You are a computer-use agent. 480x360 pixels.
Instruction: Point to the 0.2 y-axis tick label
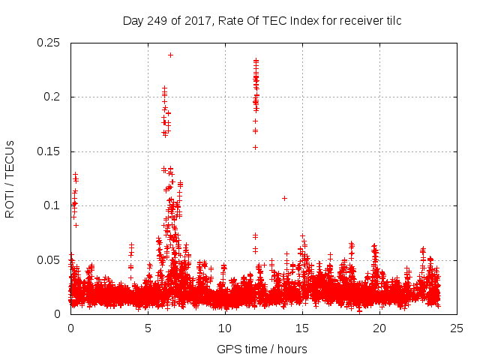54,97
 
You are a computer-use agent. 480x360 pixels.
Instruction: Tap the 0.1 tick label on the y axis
54,205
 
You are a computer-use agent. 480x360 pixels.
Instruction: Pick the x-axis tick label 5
148,328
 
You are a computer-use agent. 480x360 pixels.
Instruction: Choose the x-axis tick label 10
225,328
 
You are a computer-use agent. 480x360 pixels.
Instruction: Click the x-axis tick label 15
302,328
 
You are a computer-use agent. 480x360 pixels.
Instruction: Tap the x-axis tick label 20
379,328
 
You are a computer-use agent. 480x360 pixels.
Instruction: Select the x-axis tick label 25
457,328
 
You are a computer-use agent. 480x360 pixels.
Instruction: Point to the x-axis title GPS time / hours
262,349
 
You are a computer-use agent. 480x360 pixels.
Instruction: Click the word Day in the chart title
133,20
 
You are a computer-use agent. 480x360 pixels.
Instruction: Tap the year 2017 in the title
201,20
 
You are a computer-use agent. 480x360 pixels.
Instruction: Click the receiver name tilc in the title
391,20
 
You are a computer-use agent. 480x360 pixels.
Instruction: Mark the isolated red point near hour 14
284,198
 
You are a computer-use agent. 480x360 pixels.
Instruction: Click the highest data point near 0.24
170,55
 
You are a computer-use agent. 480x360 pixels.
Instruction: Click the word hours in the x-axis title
292,349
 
